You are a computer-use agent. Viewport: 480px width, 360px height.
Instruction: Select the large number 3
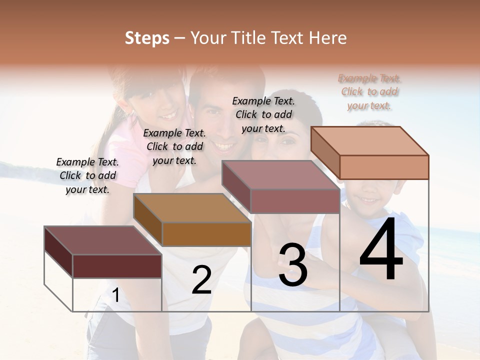click(x=292, y=265)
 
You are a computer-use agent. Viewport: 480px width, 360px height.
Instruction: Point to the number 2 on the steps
click(x=201, y=280)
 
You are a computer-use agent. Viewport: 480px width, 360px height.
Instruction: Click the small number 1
click(x=115, y=295)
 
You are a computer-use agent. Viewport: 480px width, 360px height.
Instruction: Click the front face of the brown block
click(x=206, y=234)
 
